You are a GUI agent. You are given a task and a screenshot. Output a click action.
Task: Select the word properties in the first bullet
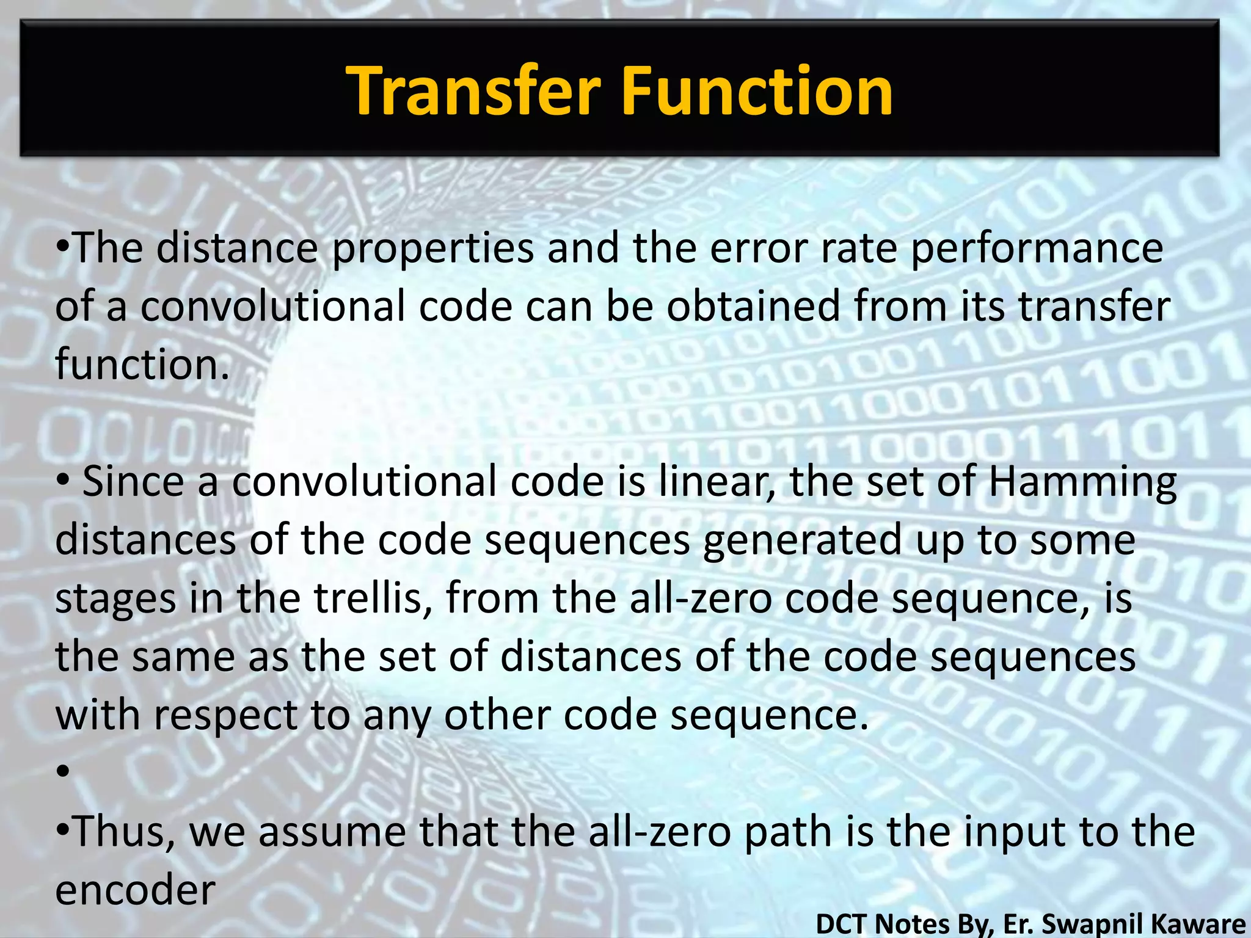pos(433,249)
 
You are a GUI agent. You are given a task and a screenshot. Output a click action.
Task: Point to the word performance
pos(1037,249)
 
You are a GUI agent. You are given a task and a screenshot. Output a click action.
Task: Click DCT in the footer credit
pos(843,923)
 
